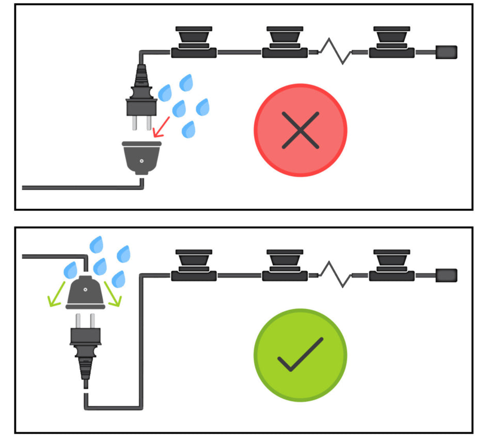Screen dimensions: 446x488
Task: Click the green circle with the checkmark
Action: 301,355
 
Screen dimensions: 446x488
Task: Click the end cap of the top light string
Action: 447,52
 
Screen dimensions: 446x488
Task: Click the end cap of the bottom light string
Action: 447,275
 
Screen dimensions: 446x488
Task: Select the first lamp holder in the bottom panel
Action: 194,265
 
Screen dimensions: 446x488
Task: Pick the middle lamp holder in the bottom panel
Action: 285,265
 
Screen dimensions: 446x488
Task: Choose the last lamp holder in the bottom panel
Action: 392,265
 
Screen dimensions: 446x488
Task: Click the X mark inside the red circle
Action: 301,130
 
